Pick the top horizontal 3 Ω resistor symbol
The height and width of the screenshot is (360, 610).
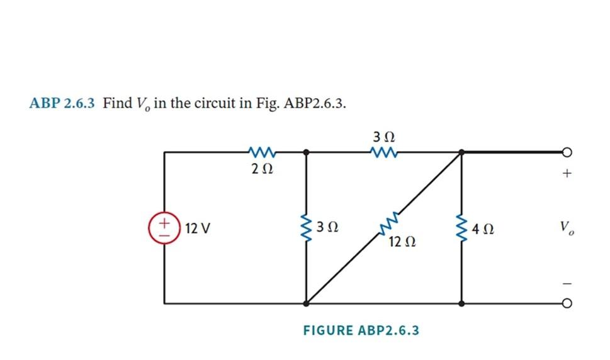384,151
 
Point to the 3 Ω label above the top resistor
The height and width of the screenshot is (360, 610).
384,136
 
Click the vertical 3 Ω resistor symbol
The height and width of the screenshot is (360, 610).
307,227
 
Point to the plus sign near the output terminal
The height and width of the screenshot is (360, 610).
567,173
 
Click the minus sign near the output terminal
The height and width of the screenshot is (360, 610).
567,283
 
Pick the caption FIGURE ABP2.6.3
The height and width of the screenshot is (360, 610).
361,330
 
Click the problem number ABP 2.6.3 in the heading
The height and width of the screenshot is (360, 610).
62,103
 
